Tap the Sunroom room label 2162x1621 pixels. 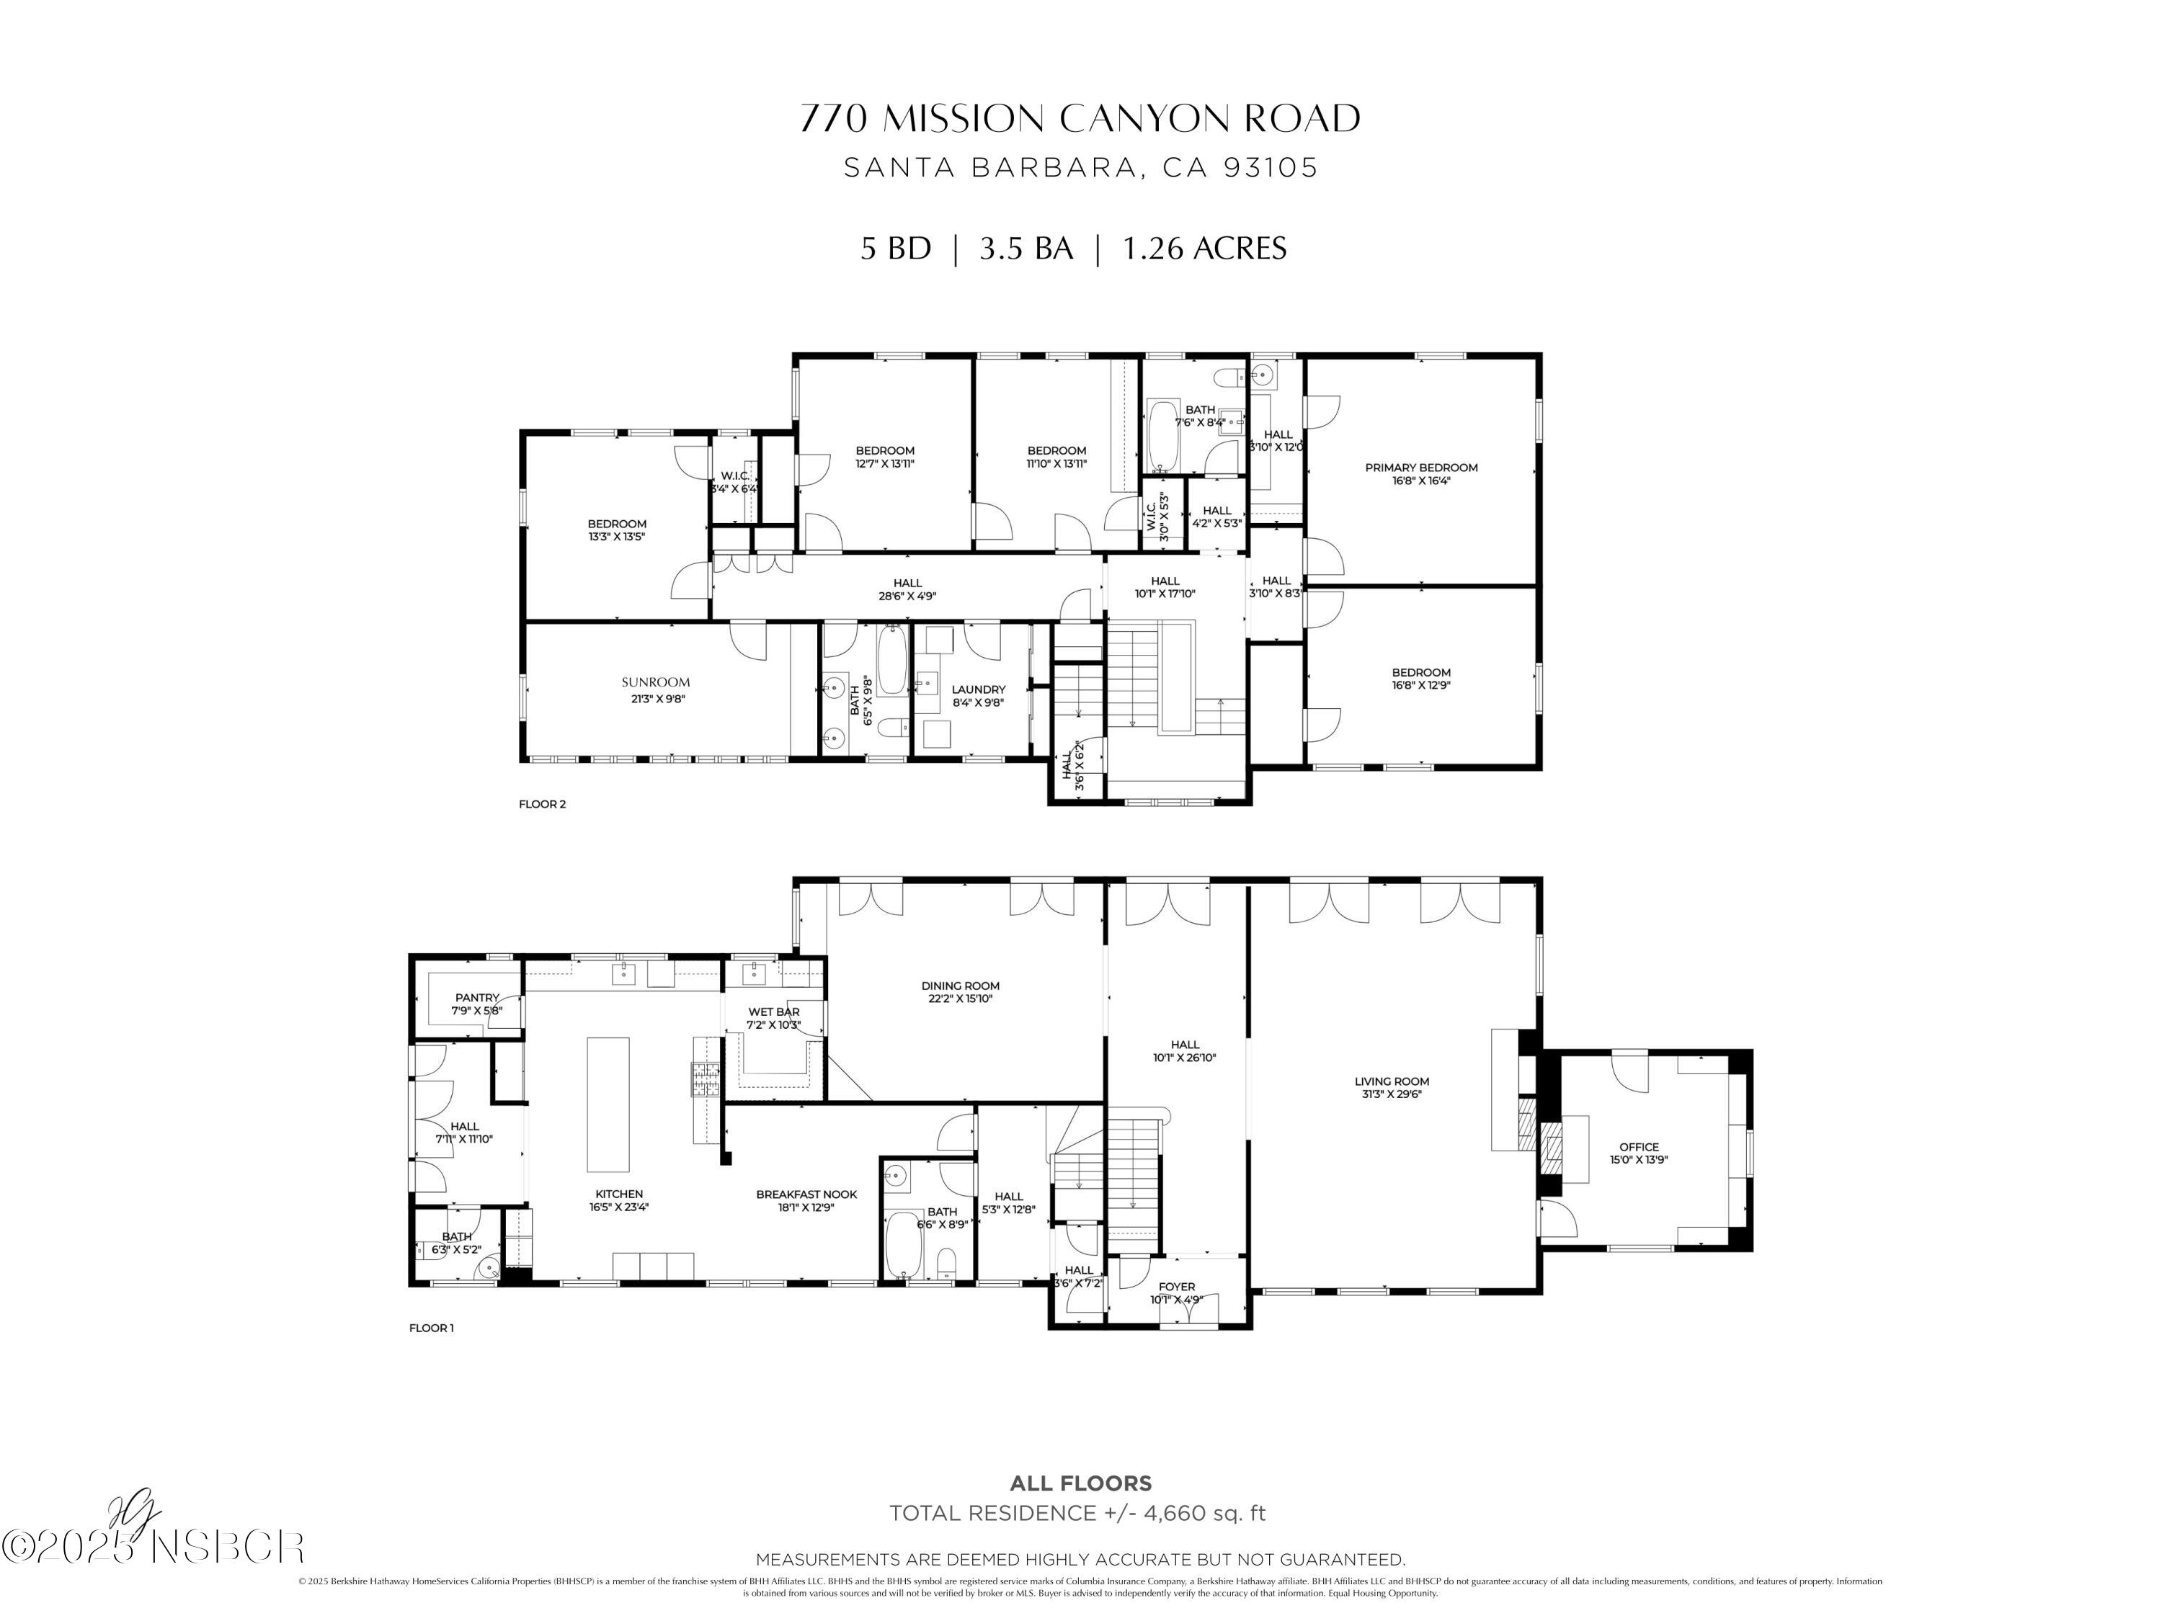click(x=656, y=683)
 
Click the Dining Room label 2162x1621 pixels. click(x=960, y=986)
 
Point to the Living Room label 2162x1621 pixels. click(x=1391, y=1081)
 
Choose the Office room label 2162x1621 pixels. click(x=1638, y=1147)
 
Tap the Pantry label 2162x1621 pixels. click(x=477, y=999)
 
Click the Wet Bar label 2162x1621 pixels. click(x=773, y=1012)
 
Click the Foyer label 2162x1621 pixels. click(x=1177, y=1287)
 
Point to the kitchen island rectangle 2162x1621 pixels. click(x=608, y=1104)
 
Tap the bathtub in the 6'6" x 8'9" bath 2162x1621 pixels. click(x=902, y=1245)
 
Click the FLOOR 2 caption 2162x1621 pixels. click(x=543, y=804)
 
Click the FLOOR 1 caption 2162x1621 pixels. click(x=431, y=1328)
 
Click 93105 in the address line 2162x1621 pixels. click(x=1271, y=168)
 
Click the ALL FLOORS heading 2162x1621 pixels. click(x=1080, y=1483)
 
